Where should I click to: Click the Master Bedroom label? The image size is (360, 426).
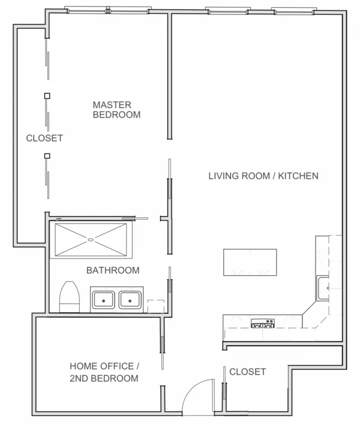(x=116, y=109)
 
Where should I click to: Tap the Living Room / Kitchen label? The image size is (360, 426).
(x=263, y=176)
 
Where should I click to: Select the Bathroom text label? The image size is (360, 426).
(x=113, y=270)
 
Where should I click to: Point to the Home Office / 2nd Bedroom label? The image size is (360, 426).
(x=104, y=372)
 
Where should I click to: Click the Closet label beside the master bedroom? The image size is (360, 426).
(x=44, y=138)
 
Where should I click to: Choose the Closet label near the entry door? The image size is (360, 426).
(x=247, y=371)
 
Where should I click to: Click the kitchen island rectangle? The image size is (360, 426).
(x=250, y=262)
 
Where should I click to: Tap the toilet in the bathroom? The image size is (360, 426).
(x=70, y=297)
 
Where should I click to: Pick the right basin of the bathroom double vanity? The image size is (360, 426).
(x=128, y=299)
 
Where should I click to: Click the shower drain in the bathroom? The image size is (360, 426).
(x=91, y=240)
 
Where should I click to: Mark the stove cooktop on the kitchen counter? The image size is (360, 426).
(x=262, y=324)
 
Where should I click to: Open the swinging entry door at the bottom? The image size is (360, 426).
(x=198, y=396)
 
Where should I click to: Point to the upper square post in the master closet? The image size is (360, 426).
(x=47, y=95)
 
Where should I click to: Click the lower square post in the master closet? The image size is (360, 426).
(x=47, y=157)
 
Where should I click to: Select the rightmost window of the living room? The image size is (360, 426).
(x=292, y=11)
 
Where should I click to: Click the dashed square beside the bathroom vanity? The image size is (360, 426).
(x=155, y=305)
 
